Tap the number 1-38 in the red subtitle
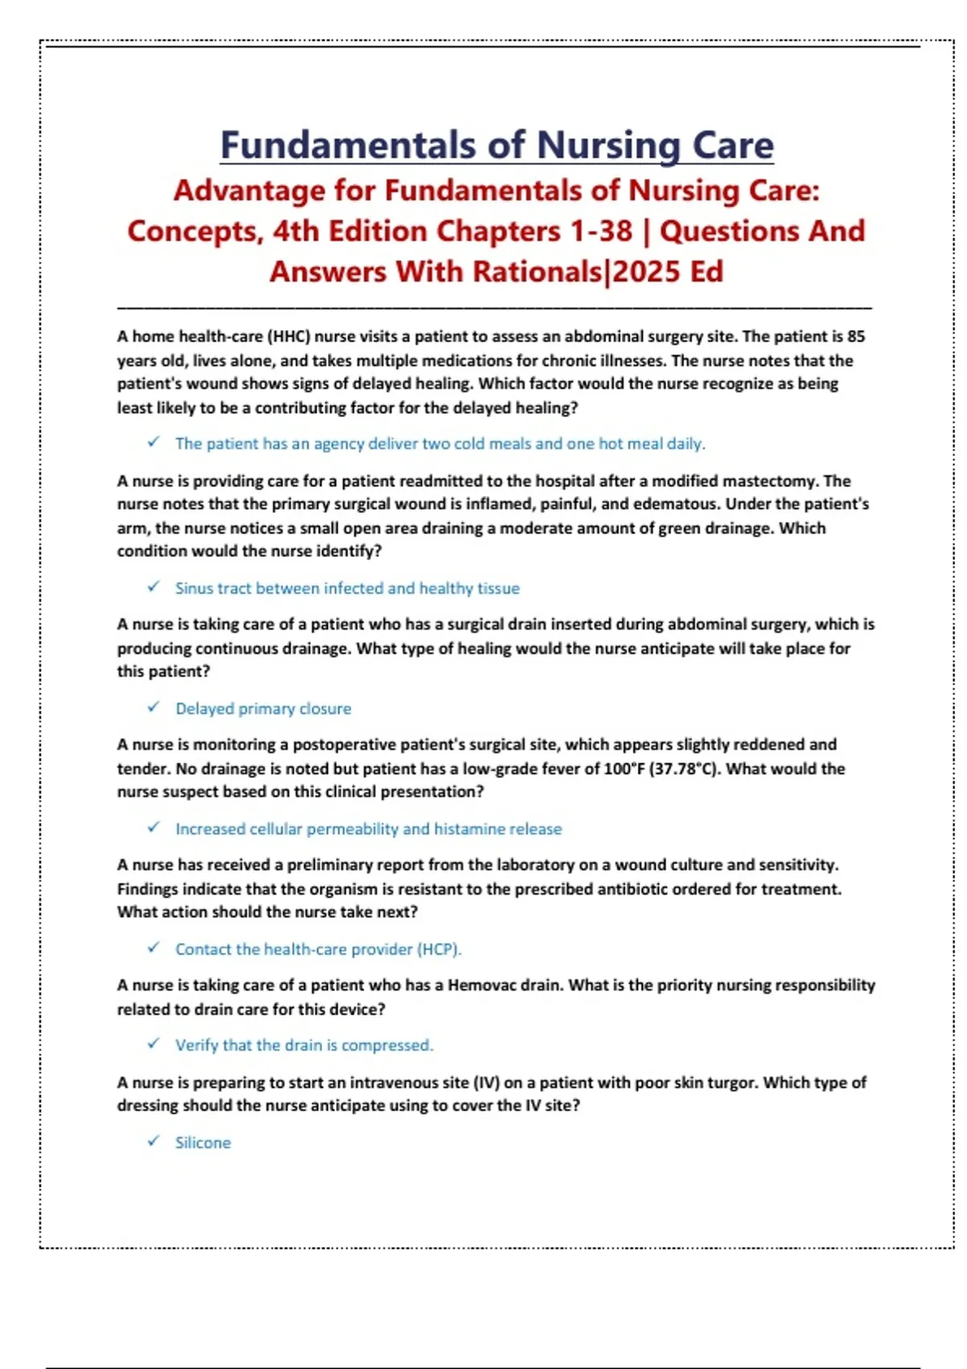point(601,231)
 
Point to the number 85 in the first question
point(856,337)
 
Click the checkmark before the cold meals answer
point(153,442)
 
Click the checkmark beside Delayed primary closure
point(153,707)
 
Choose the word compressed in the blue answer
point(387,1045)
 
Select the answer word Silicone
point(203,1143)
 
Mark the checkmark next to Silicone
point(153,1141)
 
